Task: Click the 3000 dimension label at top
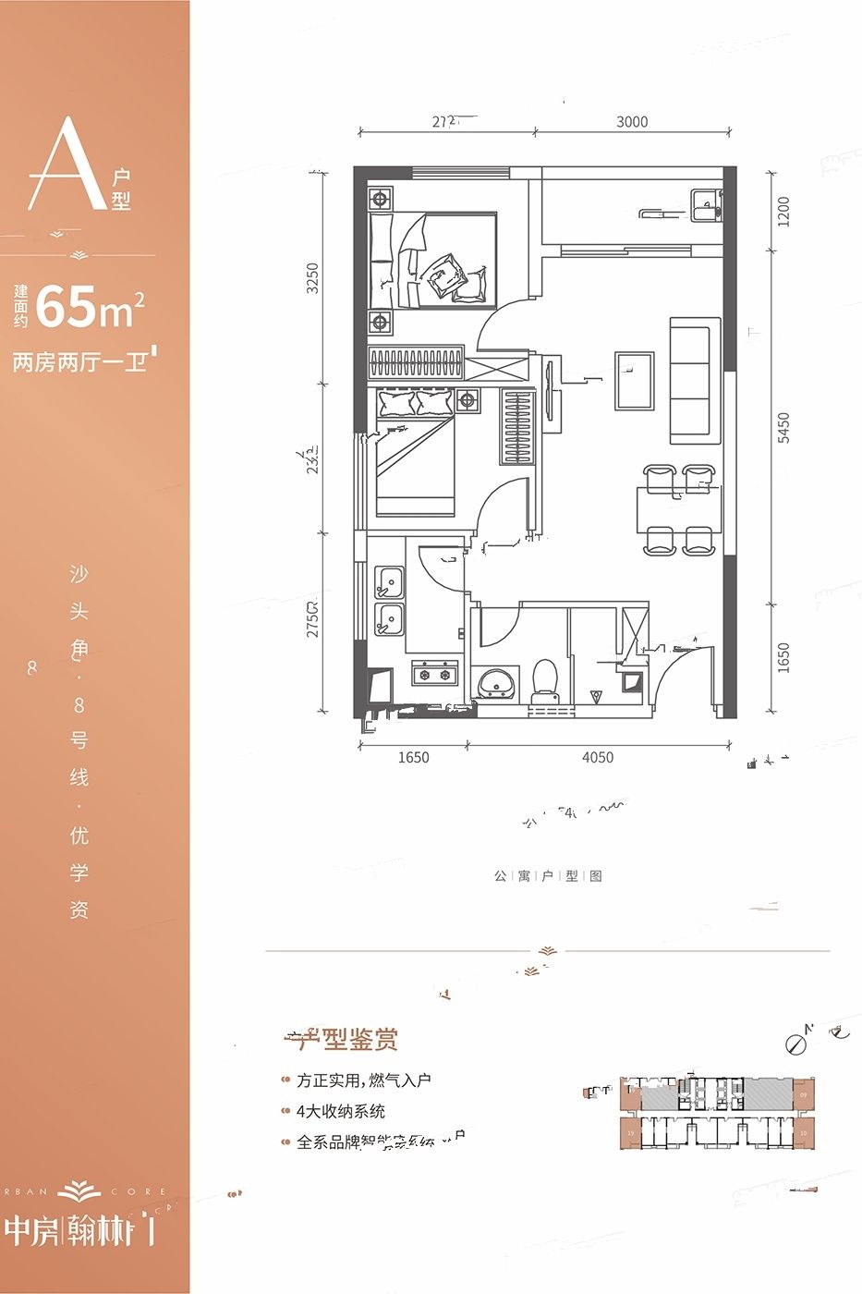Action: pos(632,122)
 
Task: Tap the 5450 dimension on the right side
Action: pos(783,428)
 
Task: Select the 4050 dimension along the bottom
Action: pos(598,758)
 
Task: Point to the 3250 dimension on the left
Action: pos(312,278)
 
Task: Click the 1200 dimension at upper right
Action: pos(783,211)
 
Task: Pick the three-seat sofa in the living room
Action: pos(694,380)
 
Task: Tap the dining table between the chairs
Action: pos(677,509)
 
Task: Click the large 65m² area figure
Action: pos(91,308)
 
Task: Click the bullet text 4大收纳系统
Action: pos(340,1111)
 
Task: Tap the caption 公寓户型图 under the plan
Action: pos(548,875)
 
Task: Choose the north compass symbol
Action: pos(795,1043)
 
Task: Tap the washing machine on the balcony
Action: pos(705,203)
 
